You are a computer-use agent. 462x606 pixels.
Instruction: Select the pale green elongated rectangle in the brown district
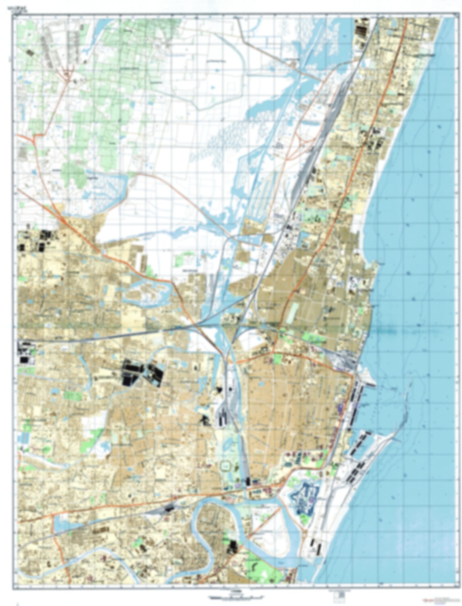coord(293,313)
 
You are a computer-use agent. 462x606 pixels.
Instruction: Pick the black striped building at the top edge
coord(362,29)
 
